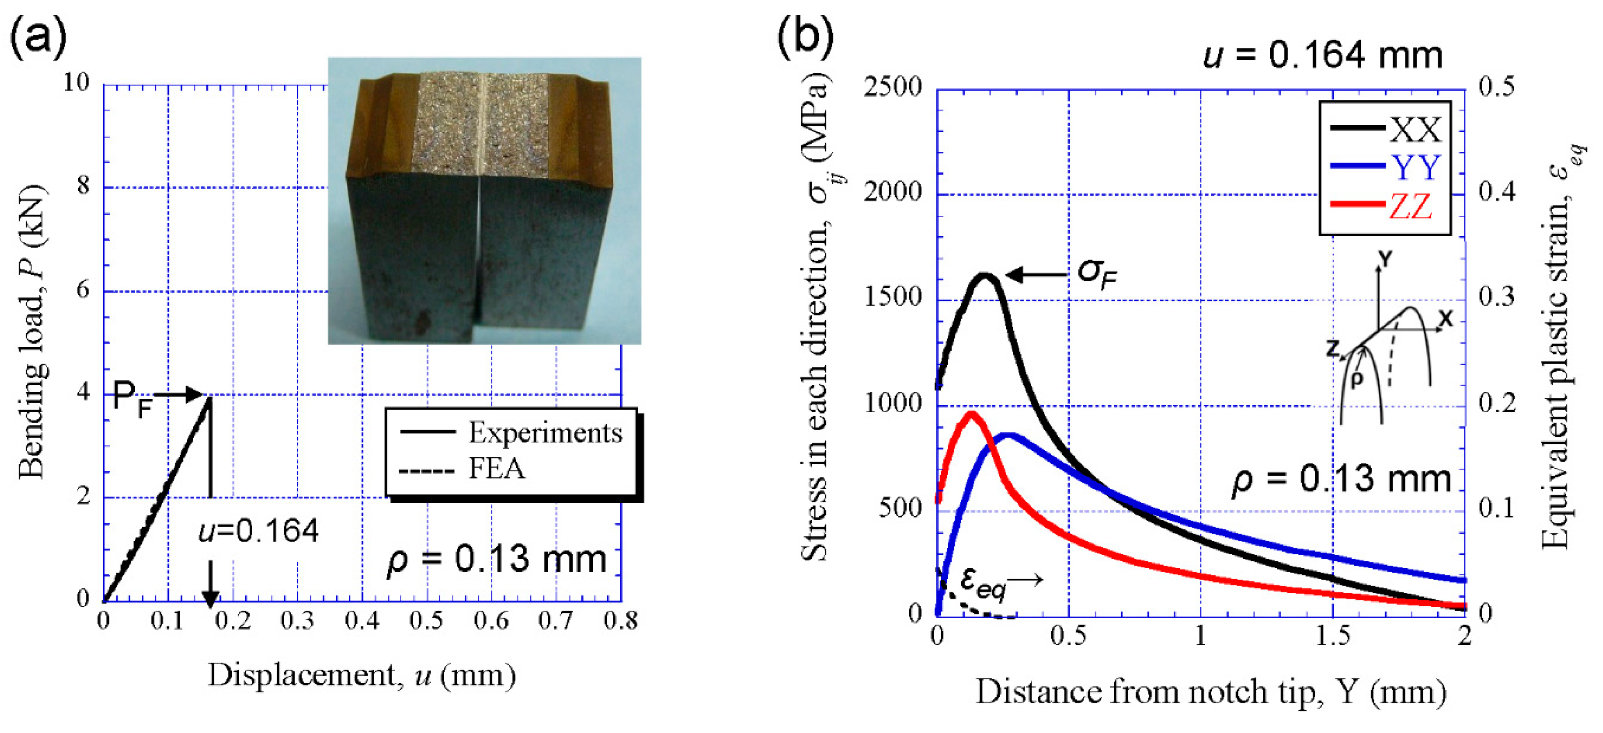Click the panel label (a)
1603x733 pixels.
[x=39, y=36]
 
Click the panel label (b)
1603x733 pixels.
[x=806, y=36]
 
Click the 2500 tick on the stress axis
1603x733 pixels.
[x=892, y=87]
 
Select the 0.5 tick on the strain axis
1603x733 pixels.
[x=1496, y=87]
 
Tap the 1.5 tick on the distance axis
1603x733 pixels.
[x=1333, y=635]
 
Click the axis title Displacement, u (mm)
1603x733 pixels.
[x=361, y=675]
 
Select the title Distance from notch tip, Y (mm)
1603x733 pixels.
[x=1210, y=691]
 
